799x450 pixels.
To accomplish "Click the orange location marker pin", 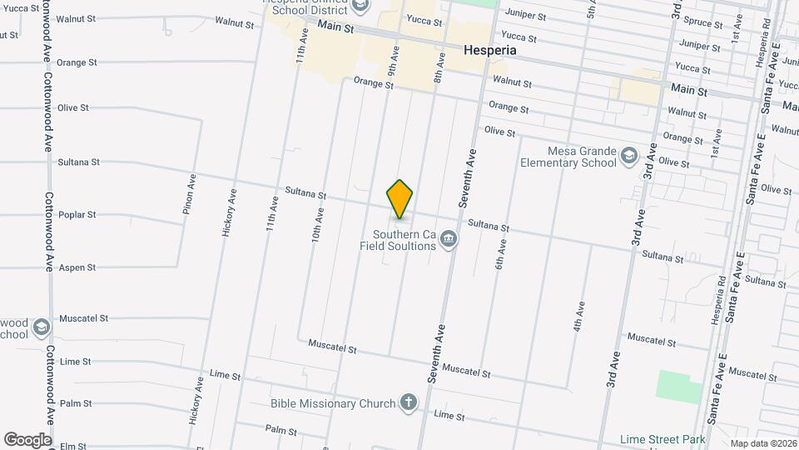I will pyautogui.click(x=400, y=199).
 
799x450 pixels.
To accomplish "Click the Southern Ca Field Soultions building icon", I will pyautogui.click(x=449, y=240).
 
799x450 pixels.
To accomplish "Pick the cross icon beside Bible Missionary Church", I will pyautogui.click(x=408, y=403).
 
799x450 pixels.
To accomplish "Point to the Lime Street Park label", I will pyautogui.click(x=663, y=439).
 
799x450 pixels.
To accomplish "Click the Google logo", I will pyautogui.click(x=27, y=439).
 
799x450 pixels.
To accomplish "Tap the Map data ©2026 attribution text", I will pyautogui.click(x=763, y=443).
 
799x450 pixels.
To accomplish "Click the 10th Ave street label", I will pyautogui.click(x=317, y=225).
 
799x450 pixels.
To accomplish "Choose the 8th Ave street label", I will pyautogui.click(x=439, y=63).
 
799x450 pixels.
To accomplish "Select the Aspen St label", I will pyautogui.click(x=80, y=267).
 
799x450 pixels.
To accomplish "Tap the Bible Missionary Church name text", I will pyautogui.click(x=333, y=404).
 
